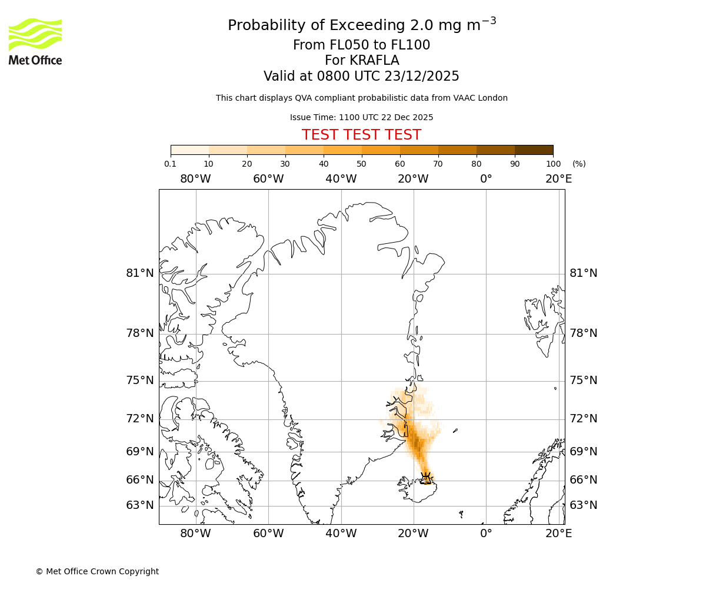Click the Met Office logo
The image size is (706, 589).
click(x=35, y=41)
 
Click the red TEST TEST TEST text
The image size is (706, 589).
click(x=361, y=135)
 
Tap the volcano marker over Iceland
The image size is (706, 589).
click(x=426, y=477)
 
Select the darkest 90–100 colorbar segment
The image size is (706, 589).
click(x=534, y=150)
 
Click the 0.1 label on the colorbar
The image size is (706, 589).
click(x=171, y=164)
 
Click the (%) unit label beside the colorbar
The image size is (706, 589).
click(x=579, y=164)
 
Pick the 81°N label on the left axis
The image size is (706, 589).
click(x=140, y=273)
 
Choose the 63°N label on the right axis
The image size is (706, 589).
click(x=583, y=505)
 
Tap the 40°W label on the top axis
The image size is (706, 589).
click(x=341, y=178)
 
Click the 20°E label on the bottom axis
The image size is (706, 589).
click(x=558, y=533)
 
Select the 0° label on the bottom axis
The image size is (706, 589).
click(x=486, y=533)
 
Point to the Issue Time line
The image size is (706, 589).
click(x=361, y=117)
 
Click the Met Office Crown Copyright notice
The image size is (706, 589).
click(x=97, y=571)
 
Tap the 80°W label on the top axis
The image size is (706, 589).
click(x=195, y=178)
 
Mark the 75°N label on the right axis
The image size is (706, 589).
click(x=583, y=380)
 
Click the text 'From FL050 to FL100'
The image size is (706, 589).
click(x=361, y=45)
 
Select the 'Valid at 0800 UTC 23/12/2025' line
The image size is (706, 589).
click(x=361, y=76)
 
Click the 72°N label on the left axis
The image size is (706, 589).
click(x=140, y=418)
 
